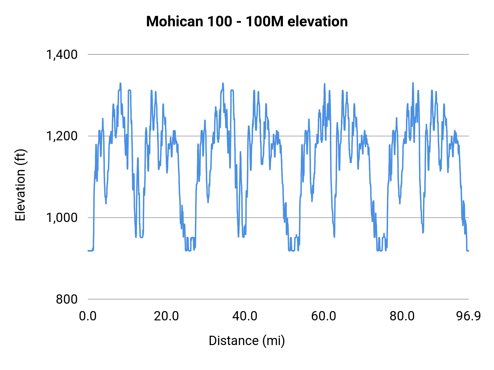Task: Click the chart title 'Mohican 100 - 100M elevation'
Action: (x=247, y=21)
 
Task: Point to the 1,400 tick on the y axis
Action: (x=62, y=55)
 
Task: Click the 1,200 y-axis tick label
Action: (x=62, y=136)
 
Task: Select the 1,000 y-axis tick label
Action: (x=62, y=218)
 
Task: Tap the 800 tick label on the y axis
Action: (x=67, y=299)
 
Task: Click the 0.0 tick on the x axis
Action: (x=88, y=316)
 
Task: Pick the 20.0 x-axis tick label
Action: (x=166, y=316)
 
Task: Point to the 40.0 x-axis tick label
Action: (x=245, y=316)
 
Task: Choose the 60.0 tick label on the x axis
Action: (x=324, y=316)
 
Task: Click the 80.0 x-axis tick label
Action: (x=402, y=316)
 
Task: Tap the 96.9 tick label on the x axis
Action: (x=468, y=316)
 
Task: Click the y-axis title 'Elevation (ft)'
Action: (x=20, y=185)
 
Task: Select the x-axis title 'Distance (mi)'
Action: (x=247, y=341)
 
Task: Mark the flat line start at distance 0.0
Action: (x=88, y=251)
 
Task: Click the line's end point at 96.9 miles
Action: (x=468, y=251)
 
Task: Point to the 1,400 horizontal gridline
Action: (x=274, y=55)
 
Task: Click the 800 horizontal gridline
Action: (x=274, y=299)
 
